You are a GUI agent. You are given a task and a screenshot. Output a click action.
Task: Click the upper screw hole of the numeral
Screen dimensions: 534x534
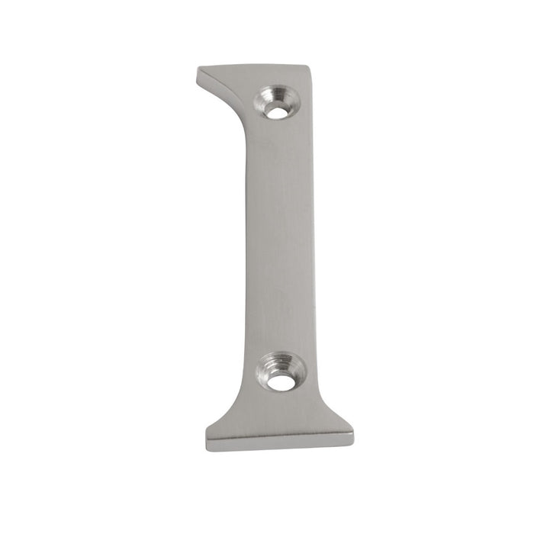277,105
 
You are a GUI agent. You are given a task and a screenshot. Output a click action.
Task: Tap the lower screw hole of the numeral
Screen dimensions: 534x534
281,373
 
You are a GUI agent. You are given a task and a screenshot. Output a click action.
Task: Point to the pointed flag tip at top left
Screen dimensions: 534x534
198,71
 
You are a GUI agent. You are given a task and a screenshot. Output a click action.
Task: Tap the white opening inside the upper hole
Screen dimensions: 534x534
278,111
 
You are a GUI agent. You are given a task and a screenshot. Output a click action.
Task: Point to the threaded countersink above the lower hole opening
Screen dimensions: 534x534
281,362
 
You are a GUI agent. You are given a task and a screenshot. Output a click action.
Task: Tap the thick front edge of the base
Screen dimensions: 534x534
279,442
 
